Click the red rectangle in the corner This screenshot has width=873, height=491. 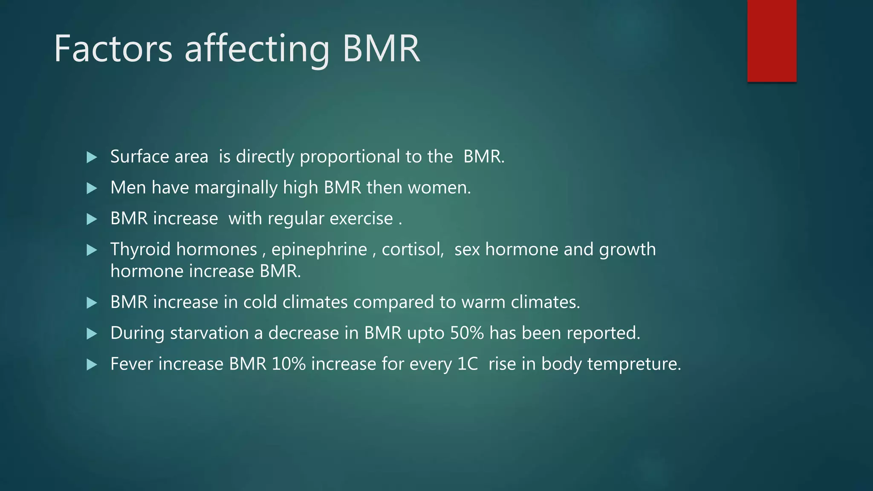point(772,40)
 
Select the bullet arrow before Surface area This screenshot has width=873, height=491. point(92,157)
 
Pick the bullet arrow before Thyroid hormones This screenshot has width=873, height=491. point(92,250)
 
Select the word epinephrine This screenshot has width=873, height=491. point(319,250)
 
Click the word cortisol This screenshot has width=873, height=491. point(412,250)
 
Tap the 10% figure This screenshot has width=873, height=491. point(289,364)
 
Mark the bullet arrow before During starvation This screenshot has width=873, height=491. point(92,333)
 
